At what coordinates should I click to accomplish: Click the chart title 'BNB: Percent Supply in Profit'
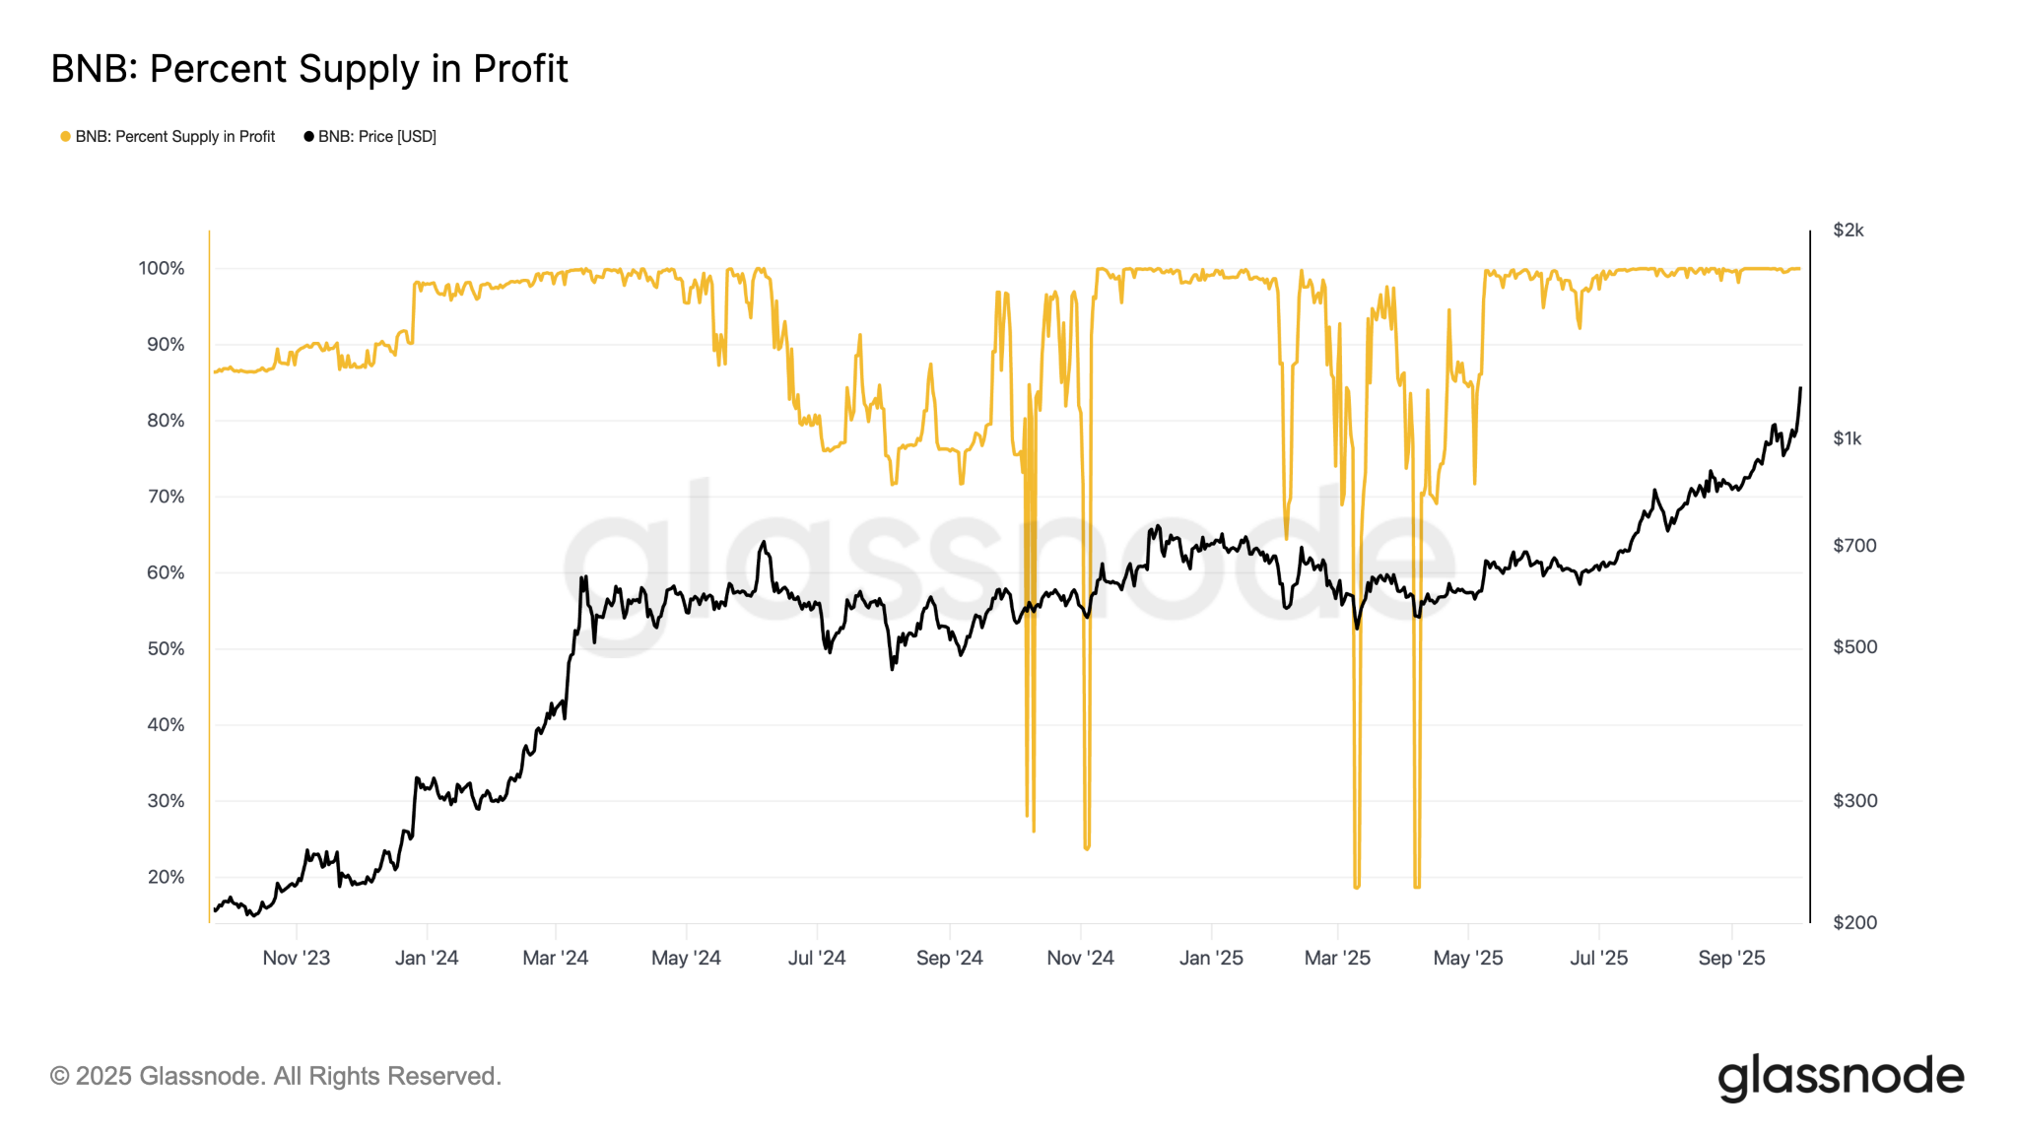(309, 69)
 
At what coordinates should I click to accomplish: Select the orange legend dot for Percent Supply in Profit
(65, 137)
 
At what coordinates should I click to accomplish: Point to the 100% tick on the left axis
(162, 269)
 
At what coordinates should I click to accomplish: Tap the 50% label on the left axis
(166, 649)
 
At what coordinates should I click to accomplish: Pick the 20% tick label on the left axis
(166, 877)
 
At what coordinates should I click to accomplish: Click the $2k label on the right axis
(1848, 231)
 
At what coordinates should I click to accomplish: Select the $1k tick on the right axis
(1847, 439)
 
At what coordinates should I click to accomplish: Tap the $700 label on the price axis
(1853, 546)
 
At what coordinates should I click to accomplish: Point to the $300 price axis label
(1853, 801)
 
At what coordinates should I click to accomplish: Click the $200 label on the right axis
(1853, 923)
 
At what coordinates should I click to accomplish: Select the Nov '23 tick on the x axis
(296, 958)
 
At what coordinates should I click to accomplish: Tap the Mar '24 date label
(555, 958)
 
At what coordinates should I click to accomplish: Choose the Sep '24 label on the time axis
(949, 958)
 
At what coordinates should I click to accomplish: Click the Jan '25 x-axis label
(1211, 958)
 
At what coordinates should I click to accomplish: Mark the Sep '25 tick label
(1731, 958)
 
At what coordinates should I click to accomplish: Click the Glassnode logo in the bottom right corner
(1841, 1077)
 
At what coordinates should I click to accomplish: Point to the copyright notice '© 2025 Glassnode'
(276, 1076)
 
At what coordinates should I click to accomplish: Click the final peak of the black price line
(1800, 388)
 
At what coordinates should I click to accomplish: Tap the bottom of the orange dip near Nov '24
(1087, 847)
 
